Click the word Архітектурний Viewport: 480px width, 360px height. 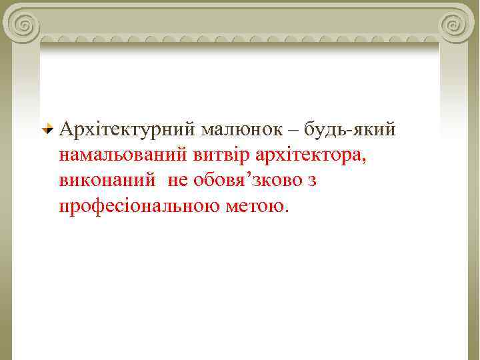click(127, 129)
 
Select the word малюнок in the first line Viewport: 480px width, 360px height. click(237, 129)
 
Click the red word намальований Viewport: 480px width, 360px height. click(127, 155)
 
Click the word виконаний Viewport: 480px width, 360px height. click(107, 181)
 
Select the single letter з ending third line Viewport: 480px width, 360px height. click(311, 181)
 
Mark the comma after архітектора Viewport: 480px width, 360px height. click(364, 160)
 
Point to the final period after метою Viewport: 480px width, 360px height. click(287, 211)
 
